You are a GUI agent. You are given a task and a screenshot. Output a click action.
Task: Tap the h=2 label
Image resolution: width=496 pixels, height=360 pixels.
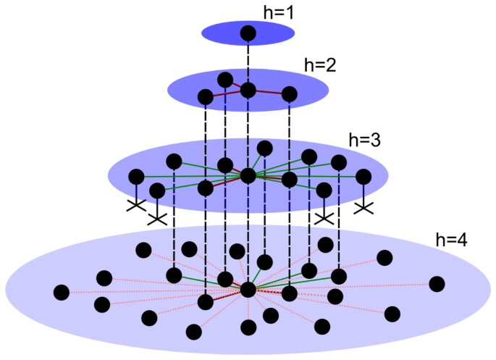pyautogui.click(x=320, y=65)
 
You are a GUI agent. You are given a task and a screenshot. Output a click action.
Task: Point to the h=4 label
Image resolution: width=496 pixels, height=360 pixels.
pyautogui.click(x=451, y=238)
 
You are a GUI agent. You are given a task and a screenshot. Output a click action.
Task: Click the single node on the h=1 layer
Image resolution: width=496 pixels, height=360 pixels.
pyautogui.click(x=248, y=33)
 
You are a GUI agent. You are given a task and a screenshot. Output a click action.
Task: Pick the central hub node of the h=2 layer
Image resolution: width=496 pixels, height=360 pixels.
pyautogui.click(x=248, y=90)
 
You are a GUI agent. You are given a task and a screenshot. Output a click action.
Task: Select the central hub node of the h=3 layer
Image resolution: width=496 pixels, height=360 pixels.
pyautogui.click(x=248, y=175)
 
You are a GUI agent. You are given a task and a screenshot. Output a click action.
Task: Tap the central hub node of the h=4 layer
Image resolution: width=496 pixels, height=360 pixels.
pyautogui.click(x=248, y=289)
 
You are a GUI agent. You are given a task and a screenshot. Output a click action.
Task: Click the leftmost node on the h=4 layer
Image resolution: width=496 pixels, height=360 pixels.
pyautogui.click(x=62, y=293)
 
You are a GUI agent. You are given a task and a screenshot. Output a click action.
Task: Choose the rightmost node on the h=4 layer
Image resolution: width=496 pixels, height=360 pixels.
pyautogui.click(x=437, y=283)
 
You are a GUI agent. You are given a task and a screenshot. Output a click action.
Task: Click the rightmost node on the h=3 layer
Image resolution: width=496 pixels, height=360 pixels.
pyautogui.click(x=363, y=176)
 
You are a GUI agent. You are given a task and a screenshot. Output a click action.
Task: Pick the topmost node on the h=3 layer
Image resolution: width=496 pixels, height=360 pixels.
pyautogui.click(x=265, y=148)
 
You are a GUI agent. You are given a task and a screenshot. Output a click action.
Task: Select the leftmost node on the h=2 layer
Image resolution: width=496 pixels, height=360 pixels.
pyautogui.click(x=206, y=96)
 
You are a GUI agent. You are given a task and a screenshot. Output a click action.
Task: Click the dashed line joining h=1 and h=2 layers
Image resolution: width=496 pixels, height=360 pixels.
pyautogui.click(x=248, y=62)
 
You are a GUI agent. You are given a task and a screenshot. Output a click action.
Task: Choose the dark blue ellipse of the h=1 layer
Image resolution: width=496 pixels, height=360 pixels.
pyautogui.click(x=217, y=32)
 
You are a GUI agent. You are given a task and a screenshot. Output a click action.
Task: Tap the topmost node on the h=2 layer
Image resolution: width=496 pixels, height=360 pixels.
pyautogui.click(x=225, y=79)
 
